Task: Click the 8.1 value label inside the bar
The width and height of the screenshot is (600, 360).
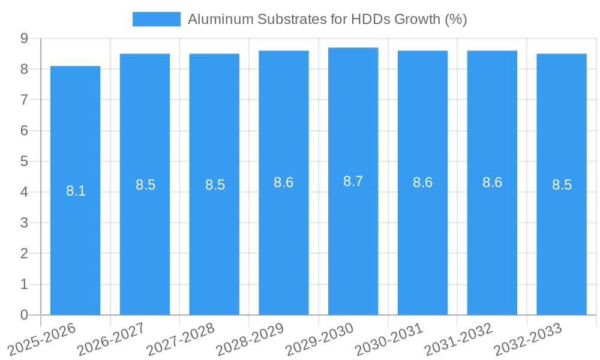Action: point(76,191)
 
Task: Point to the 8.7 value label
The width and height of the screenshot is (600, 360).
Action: point(353,181)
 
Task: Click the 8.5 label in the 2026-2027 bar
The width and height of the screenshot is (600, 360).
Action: point(145,185)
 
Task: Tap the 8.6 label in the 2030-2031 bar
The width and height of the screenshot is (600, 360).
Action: point(422,183)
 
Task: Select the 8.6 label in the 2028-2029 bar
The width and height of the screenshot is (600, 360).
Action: point(283,183)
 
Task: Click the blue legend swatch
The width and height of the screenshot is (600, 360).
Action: point(156,19)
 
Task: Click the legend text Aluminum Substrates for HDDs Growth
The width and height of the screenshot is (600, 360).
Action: point(327,19)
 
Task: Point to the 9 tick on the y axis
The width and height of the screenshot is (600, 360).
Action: point(24,38)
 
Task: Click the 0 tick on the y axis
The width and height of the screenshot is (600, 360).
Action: point(24,315)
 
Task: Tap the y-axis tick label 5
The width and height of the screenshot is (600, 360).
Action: point(24,161)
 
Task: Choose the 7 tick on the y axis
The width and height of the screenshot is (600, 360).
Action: point(24,100)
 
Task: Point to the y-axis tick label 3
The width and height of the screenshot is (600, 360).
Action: point(24,223)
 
